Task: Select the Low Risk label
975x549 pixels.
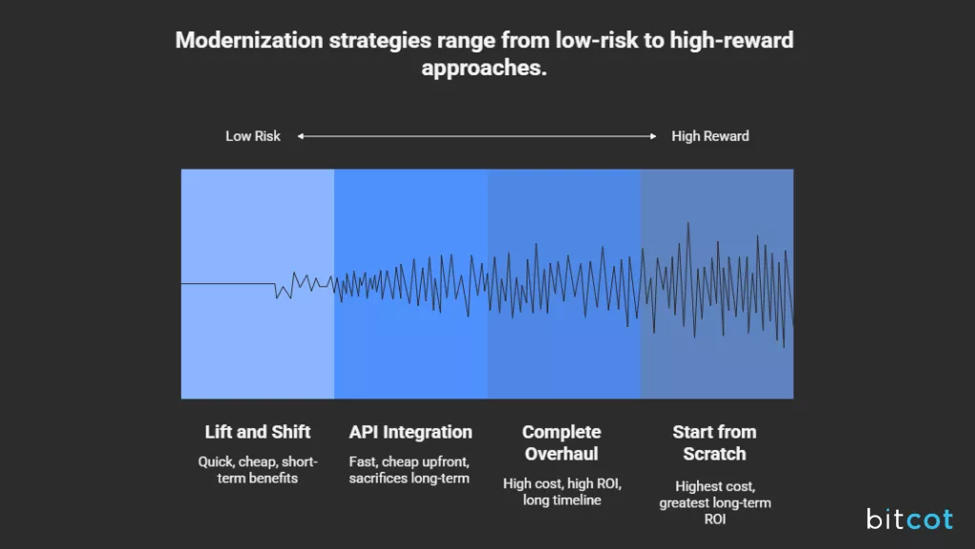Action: click(x=252, y=136)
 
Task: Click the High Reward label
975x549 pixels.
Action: click(x=710, y=136)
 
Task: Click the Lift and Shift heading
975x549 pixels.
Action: click(x=257, y=432)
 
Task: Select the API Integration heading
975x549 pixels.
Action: click(x=410, y=432)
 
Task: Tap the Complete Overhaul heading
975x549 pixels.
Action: click(x=562, y=442)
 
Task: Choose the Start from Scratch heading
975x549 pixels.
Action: click(x=714, y=442)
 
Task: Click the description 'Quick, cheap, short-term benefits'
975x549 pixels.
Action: click(x=257, y=470)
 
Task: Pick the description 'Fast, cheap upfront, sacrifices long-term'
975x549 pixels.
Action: click(x=409, y=470)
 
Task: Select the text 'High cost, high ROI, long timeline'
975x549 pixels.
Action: click(x=562, y=492)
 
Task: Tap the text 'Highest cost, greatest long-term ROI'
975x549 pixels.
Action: click(x=714, y=502)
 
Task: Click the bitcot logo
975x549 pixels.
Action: click(x=909, y=519)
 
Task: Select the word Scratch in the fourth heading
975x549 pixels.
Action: click(x=714, y=454)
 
